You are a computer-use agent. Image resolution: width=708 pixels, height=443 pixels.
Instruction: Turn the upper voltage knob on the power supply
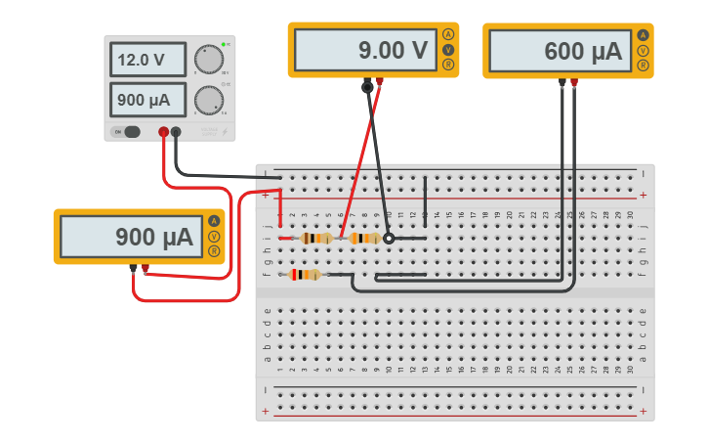pyautogui.click(x=207, y=60)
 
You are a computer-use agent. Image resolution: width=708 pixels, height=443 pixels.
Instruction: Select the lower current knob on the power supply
pyautogui.click(x=207, y=100)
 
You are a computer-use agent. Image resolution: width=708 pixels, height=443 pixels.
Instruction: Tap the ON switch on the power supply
pyautogui.click(x=127, y=132)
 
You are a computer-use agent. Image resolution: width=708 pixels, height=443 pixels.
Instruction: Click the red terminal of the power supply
pyautogui.click(x=163, y=132)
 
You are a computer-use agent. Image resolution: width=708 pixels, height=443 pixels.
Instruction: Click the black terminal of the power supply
pyautogui.click(x=176, y=132)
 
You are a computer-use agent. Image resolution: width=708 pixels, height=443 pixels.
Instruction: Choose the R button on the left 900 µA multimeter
pyautogui.click(x=213, y=251)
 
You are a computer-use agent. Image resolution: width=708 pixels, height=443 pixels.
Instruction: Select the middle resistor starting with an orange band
pyautogui.click(x=364, y=238)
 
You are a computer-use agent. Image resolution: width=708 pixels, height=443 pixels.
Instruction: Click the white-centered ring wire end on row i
pyautogui.click(x=389, y=238)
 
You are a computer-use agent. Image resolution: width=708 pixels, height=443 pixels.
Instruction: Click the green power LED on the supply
pyautogui.click(x=224, y=45)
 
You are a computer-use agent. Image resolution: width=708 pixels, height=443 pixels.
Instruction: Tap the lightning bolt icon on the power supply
pyautogui.click(x=223, y=130)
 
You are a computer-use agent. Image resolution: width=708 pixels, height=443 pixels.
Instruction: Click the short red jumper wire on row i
pyautogui.click(x=285, y=238)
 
